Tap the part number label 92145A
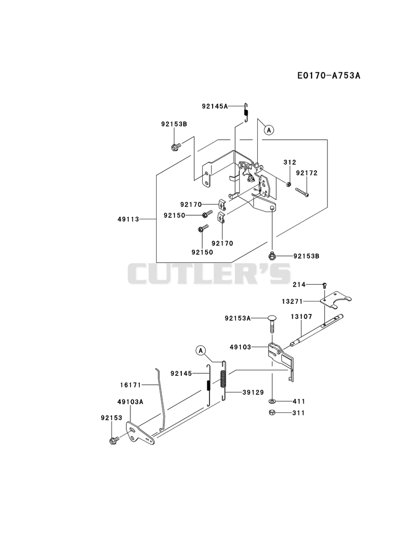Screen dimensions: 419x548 [214, 106]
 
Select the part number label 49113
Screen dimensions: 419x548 [128, 219]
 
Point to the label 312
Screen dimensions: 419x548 [290, 162]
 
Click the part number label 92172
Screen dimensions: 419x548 [307, 173]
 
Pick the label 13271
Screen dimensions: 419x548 [292, 301]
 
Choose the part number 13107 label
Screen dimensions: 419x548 [301, 317]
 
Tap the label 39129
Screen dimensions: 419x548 [253, 393]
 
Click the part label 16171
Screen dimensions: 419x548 [130, 385]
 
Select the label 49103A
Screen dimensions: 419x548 [130, 402]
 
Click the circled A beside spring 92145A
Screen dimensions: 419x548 [269, 130]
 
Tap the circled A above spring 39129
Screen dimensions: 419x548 [201, 351]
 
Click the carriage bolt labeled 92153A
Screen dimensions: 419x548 [272, 325]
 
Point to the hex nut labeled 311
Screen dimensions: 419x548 [271, 413]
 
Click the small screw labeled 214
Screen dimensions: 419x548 [325, 285]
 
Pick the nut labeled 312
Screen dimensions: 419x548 [288, 184]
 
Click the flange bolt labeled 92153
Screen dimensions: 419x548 [114, 440]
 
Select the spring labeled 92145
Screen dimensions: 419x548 [209, 385]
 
